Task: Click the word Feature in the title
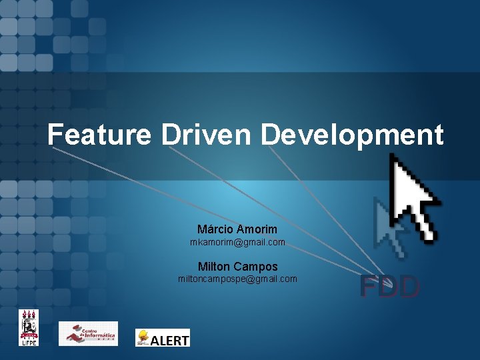click(x=99, y=135)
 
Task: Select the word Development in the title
click(x=352, y=135)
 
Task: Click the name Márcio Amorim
click(x=237, y=229)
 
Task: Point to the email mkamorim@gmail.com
click(x=237, y=242)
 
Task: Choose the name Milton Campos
click(x=237, y=267)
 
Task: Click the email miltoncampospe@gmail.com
click(x=237, y=279)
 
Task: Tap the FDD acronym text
click(x=390, y=287)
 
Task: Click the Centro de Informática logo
click(x=88, y=333)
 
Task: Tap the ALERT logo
click(x=163, y=338)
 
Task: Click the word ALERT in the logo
click(x=170, y=340)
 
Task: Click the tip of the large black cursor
click(x=391, y=155)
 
